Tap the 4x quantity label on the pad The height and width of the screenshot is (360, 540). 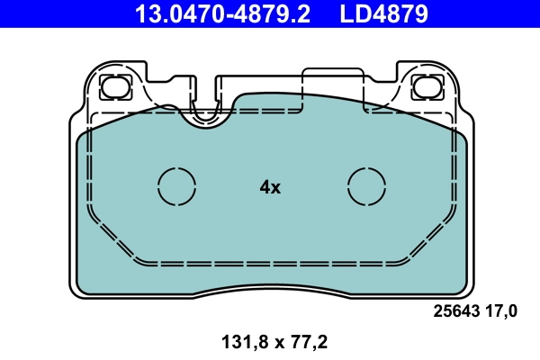tap(270, 187)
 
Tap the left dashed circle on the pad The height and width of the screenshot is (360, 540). tap(176, 186)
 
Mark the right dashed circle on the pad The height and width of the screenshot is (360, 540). tap(366, 186)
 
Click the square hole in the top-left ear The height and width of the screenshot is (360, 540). tap(115, 87)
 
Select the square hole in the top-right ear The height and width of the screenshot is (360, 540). tap(424, 87)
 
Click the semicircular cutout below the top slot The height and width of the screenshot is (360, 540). tap(205, 113)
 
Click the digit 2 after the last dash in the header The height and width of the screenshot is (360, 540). tap(305, 13)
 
